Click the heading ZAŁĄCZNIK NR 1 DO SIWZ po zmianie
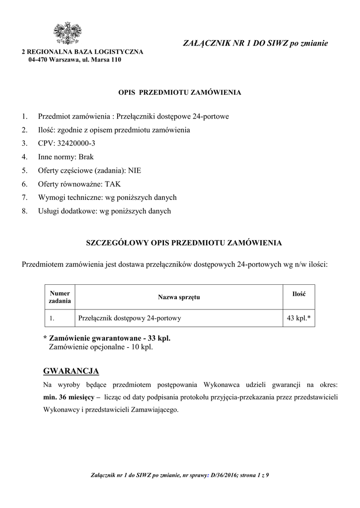pos(256,44)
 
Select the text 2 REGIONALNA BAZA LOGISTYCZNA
pos(82,52)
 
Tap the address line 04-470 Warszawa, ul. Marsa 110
pos(74,60)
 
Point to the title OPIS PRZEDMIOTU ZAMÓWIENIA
pos(179,93)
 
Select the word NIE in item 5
pos(135,170)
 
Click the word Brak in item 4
pos(86,157)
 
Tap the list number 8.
pos(24,211)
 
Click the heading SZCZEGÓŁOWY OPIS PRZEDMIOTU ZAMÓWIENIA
pos(184,243)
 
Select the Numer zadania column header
pos(60,297)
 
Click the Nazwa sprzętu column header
pos(179,297)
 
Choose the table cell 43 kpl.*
pos(298,318)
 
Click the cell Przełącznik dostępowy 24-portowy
pos(130,318)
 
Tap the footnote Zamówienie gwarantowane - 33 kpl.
pos(110,338)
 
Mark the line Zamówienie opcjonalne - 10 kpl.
pos(101,347)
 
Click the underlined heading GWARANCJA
pos(71,371)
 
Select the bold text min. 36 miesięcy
pos(70,397)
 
